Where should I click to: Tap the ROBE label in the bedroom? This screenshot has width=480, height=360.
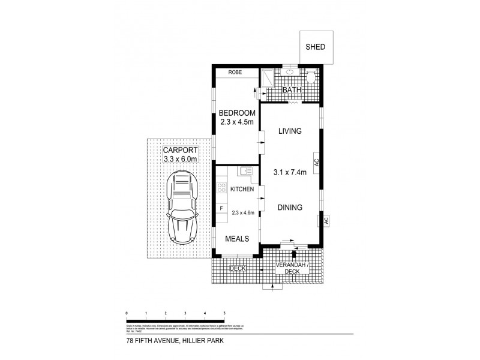point(234,73)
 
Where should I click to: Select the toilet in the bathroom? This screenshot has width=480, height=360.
point(311,77)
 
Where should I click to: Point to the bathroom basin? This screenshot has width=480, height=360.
point(290,72)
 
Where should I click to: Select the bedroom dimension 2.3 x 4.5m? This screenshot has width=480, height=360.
point(237,125)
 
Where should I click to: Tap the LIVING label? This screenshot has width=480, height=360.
point(289,131)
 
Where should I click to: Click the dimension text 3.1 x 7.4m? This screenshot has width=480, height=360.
point(290,173)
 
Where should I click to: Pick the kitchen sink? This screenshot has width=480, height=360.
point(245,172)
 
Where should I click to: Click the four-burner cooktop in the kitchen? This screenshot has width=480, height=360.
point(221,188)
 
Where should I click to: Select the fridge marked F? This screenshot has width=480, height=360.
point(221,209)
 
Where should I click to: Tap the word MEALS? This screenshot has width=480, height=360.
point(237,238)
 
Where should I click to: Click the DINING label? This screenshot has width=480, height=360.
point(290,207)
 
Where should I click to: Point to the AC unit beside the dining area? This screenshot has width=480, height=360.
point(326,220)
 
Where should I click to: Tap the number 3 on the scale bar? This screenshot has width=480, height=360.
point(185,313)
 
